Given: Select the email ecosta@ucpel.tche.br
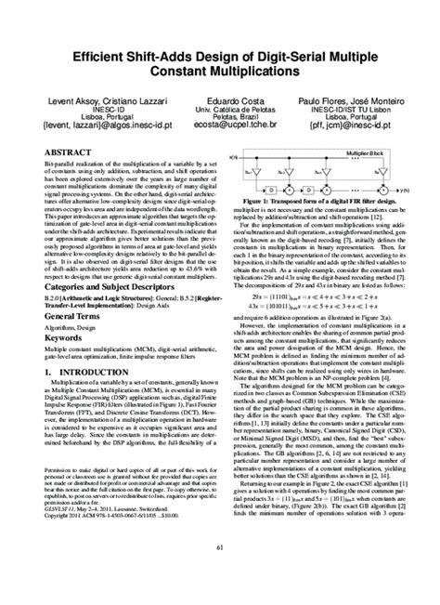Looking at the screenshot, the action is pos(221,132).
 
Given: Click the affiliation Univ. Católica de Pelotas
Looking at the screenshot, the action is pos(221,110).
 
